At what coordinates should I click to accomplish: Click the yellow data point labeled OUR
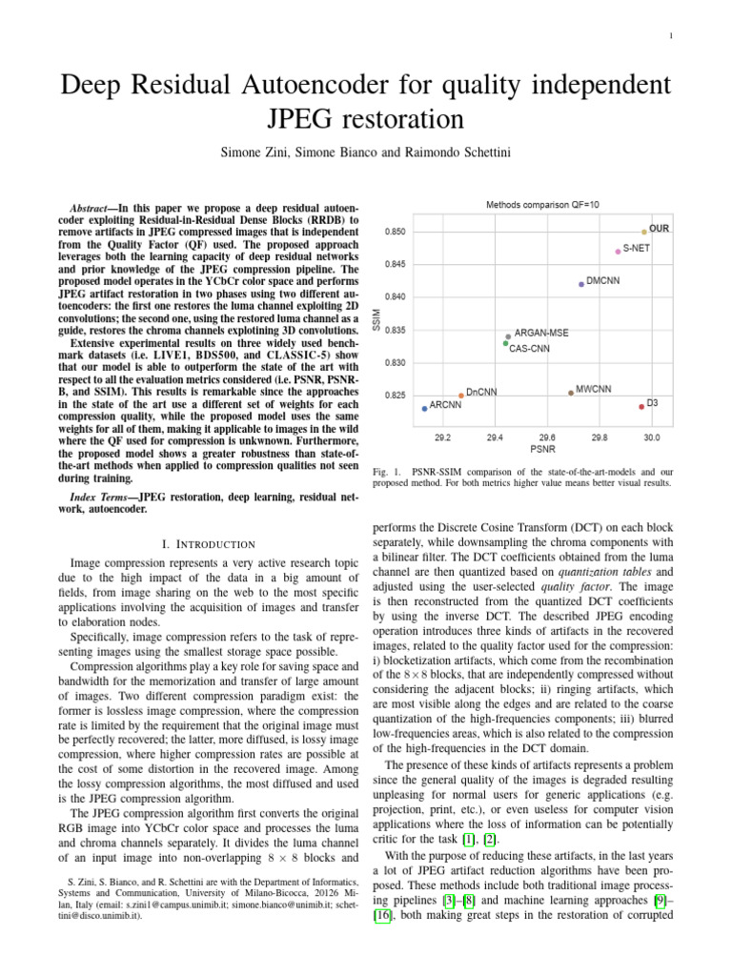644,232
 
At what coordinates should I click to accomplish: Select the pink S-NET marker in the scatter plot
618,252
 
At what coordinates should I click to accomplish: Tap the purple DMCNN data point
581,284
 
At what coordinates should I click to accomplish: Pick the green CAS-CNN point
506,343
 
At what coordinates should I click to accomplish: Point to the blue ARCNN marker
424,409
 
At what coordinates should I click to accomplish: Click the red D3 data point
641,407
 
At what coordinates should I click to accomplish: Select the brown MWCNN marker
571,393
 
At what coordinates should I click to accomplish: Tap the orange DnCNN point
461,396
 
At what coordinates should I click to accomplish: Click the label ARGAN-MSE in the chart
541,335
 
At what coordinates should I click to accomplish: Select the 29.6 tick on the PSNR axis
547,437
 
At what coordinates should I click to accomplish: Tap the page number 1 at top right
671,36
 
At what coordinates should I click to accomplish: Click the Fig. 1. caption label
384,472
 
